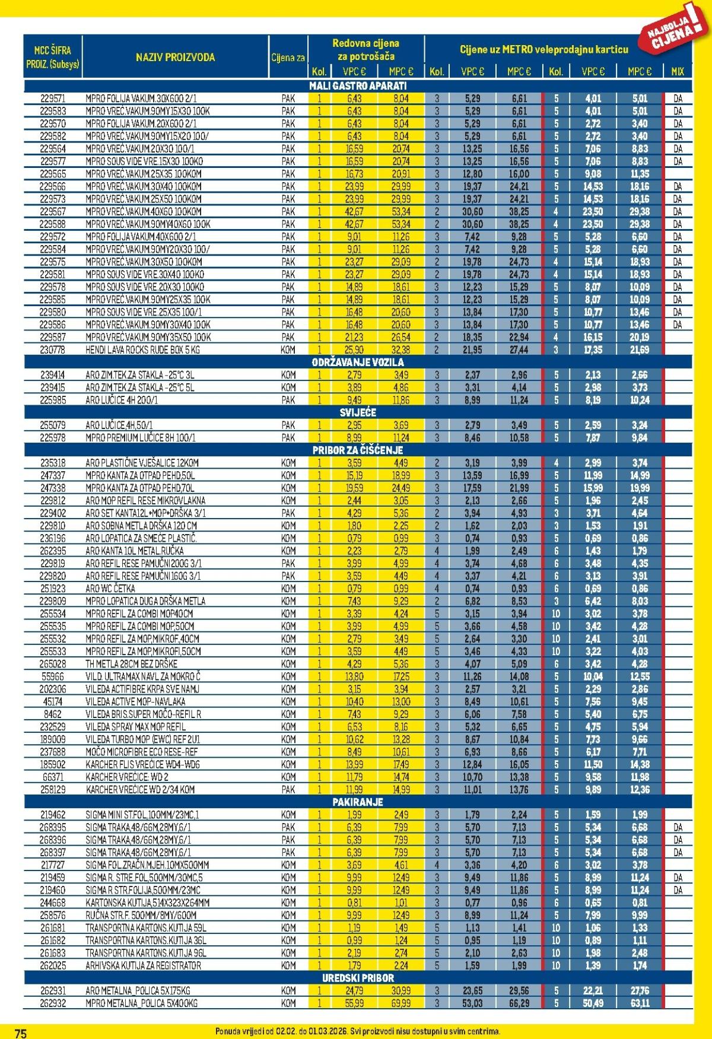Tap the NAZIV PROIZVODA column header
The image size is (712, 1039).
coord(175,58)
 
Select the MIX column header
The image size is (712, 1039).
coord(677,72)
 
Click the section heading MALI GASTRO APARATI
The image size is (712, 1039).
coord(358,86)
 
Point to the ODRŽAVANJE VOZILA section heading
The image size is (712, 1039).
coord(358,362)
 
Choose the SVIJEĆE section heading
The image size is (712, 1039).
coord(358,412)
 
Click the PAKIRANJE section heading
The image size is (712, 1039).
coord(358,802)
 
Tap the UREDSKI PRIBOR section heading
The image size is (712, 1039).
coord(358,977)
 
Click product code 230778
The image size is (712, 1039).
coord(53,349)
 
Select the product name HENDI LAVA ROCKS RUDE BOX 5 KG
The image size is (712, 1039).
coord(142,349)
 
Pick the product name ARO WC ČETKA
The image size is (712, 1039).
coord(110,588)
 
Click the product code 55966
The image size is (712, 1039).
coord(53,676)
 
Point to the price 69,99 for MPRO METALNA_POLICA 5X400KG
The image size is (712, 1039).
coord(401,1003)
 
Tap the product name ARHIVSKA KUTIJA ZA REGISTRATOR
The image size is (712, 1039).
coord(143,965)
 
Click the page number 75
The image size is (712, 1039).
coord(20,1033)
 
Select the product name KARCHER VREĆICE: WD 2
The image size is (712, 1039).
coord(127,777)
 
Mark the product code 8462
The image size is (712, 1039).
coord(53,714)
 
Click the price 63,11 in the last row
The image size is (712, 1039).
coord(640,1003)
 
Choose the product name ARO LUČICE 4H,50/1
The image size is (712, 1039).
coord(119,425)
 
